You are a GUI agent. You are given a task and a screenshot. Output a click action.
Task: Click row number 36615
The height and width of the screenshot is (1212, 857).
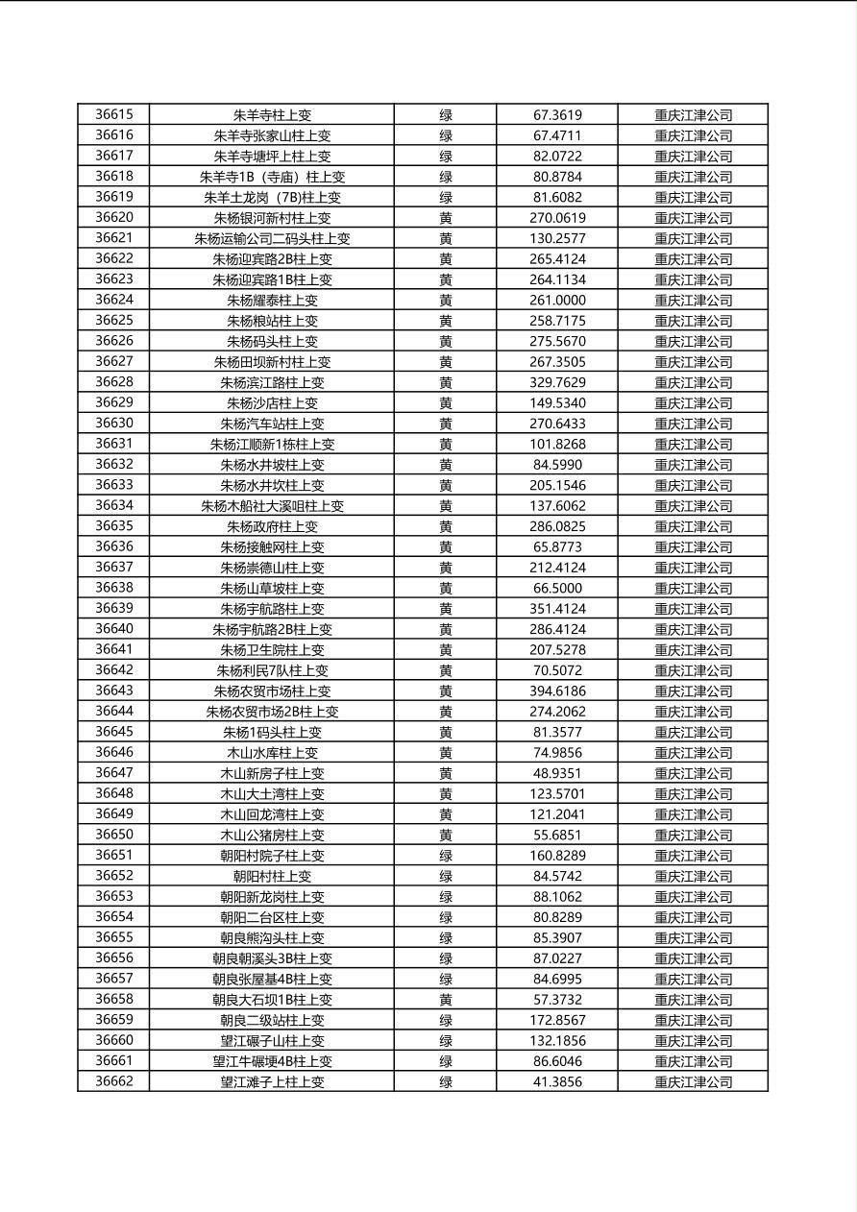(114, 114)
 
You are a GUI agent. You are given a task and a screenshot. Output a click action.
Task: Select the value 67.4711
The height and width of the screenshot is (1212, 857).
(557, 135)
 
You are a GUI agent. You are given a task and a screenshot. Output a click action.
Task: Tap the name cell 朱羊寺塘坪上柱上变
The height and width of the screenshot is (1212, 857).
(272, 156)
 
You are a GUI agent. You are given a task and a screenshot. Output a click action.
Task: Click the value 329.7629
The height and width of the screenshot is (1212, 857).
(557, 382)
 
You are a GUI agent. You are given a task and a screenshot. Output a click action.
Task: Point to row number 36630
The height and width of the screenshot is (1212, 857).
(114, 424)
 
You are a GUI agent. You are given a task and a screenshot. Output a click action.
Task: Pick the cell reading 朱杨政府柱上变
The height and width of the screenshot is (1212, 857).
(272, 526)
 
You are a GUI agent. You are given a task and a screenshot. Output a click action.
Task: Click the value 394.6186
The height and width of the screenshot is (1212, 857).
(557, 691)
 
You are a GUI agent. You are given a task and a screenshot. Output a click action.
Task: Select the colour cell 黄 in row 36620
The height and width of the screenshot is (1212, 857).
(446, 218)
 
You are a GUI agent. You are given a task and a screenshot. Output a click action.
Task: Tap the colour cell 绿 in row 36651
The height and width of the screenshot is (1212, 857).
(446, 856)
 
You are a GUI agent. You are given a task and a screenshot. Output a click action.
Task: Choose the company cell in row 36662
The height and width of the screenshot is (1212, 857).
(693, 1081)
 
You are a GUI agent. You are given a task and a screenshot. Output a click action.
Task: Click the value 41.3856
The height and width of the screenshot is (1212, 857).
(557, 1081)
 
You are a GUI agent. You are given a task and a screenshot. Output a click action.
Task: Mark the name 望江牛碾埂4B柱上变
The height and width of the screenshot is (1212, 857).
(272, 1061)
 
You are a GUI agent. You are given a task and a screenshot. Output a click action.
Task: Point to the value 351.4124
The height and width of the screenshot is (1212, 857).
(557, 609)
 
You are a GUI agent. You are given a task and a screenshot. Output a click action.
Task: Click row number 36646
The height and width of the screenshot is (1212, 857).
(114, 753)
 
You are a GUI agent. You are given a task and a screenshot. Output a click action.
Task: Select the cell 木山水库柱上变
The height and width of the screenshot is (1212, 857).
(272, 753)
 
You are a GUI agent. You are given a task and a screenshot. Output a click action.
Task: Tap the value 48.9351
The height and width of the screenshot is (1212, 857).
(557, 773)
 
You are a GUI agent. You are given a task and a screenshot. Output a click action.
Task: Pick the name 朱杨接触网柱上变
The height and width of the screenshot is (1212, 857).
(272, 547)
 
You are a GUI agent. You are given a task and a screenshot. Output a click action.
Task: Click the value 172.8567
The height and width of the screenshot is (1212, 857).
(557, 1020)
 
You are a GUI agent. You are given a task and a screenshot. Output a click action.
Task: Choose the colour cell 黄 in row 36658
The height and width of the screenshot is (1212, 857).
(446, 1000)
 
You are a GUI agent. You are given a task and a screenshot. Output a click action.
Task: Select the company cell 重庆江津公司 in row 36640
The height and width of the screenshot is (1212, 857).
(693, 629)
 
